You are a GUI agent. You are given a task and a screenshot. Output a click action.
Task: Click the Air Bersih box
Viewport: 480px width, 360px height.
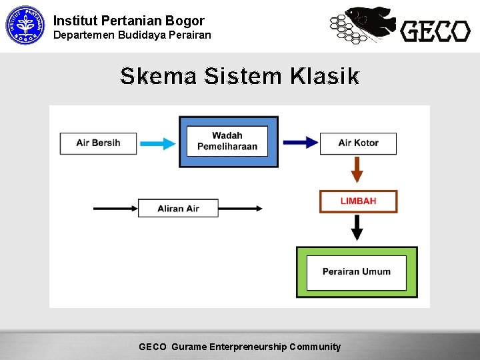tap(98, 143)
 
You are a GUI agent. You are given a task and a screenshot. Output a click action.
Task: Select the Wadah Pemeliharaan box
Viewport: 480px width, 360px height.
tap(227, 141)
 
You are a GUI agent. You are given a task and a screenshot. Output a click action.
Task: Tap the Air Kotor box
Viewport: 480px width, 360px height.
tap(358, 143)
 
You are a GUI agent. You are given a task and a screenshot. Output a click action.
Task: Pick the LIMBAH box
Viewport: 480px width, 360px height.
tap(358, 201)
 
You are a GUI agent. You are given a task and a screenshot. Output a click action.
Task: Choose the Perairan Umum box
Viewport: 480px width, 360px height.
tap(357, 272)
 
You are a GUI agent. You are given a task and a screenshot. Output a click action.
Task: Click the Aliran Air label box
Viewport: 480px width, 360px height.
tap(178, 209)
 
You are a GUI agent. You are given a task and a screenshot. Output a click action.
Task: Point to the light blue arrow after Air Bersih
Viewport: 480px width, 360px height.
tap(158, 143)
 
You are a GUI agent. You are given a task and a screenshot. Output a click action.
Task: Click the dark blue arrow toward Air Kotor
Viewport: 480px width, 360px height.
tap(300, 143)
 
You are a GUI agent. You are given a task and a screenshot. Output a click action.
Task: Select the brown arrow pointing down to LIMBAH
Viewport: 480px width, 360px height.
tap(357, 169)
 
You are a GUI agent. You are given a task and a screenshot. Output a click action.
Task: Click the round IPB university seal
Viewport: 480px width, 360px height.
tap(24, 25)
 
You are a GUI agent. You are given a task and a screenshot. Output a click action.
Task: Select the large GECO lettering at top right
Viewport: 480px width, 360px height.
tap(435, 31)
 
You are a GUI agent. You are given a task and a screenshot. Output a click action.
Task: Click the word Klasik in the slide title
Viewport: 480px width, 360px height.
tap(325, 77)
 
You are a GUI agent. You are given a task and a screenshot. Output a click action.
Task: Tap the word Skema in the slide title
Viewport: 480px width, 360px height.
tap(158, 77)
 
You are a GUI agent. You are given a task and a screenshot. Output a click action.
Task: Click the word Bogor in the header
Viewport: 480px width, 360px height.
tap(182, 21)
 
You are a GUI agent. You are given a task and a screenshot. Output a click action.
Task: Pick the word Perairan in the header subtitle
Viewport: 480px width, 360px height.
tap(189, 35)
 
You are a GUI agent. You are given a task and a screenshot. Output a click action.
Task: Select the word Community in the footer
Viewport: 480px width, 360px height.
tap(315, 347)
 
